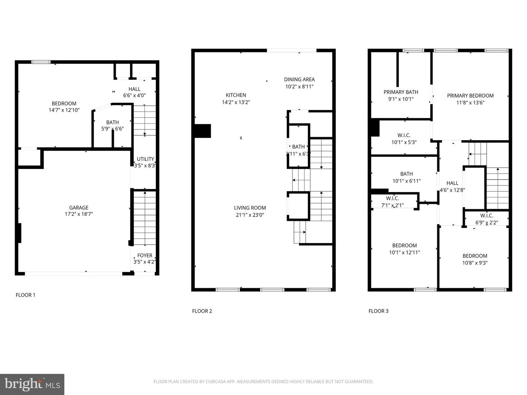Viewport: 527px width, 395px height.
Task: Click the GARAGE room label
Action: [79, 207]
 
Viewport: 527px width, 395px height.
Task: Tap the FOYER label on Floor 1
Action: [145, 255]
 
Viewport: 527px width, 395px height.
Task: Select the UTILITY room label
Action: [145, 159]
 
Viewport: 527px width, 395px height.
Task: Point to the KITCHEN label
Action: [236, 95]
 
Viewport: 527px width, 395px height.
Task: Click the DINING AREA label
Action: [299, 79]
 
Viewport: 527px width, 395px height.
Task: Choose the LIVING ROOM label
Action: [250, 208]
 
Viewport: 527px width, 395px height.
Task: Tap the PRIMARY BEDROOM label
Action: [470, 95]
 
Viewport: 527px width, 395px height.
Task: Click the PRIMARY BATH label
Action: [401, 92]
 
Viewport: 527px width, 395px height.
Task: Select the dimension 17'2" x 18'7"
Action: [79, 214]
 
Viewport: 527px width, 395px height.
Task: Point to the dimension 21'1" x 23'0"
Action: [250, 215]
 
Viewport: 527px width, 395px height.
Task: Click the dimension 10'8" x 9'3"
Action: [475, 263]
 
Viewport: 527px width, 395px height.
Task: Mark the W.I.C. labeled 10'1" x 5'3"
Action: [404, 135]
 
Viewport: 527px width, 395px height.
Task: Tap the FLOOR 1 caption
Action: [26, 295]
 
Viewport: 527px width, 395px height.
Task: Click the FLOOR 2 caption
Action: [202, 311]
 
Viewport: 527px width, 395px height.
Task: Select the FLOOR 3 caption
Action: [378, 311]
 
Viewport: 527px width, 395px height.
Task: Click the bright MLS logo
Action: [32, 384]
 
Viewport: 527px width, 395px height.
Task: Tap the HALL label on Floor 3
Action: [452, 183]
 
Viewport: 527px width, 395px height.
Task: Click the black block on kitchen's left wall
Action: [203, 131]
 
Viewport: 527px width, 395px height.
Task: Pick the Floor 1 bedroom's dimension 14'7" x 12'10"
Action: [64, 110]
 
